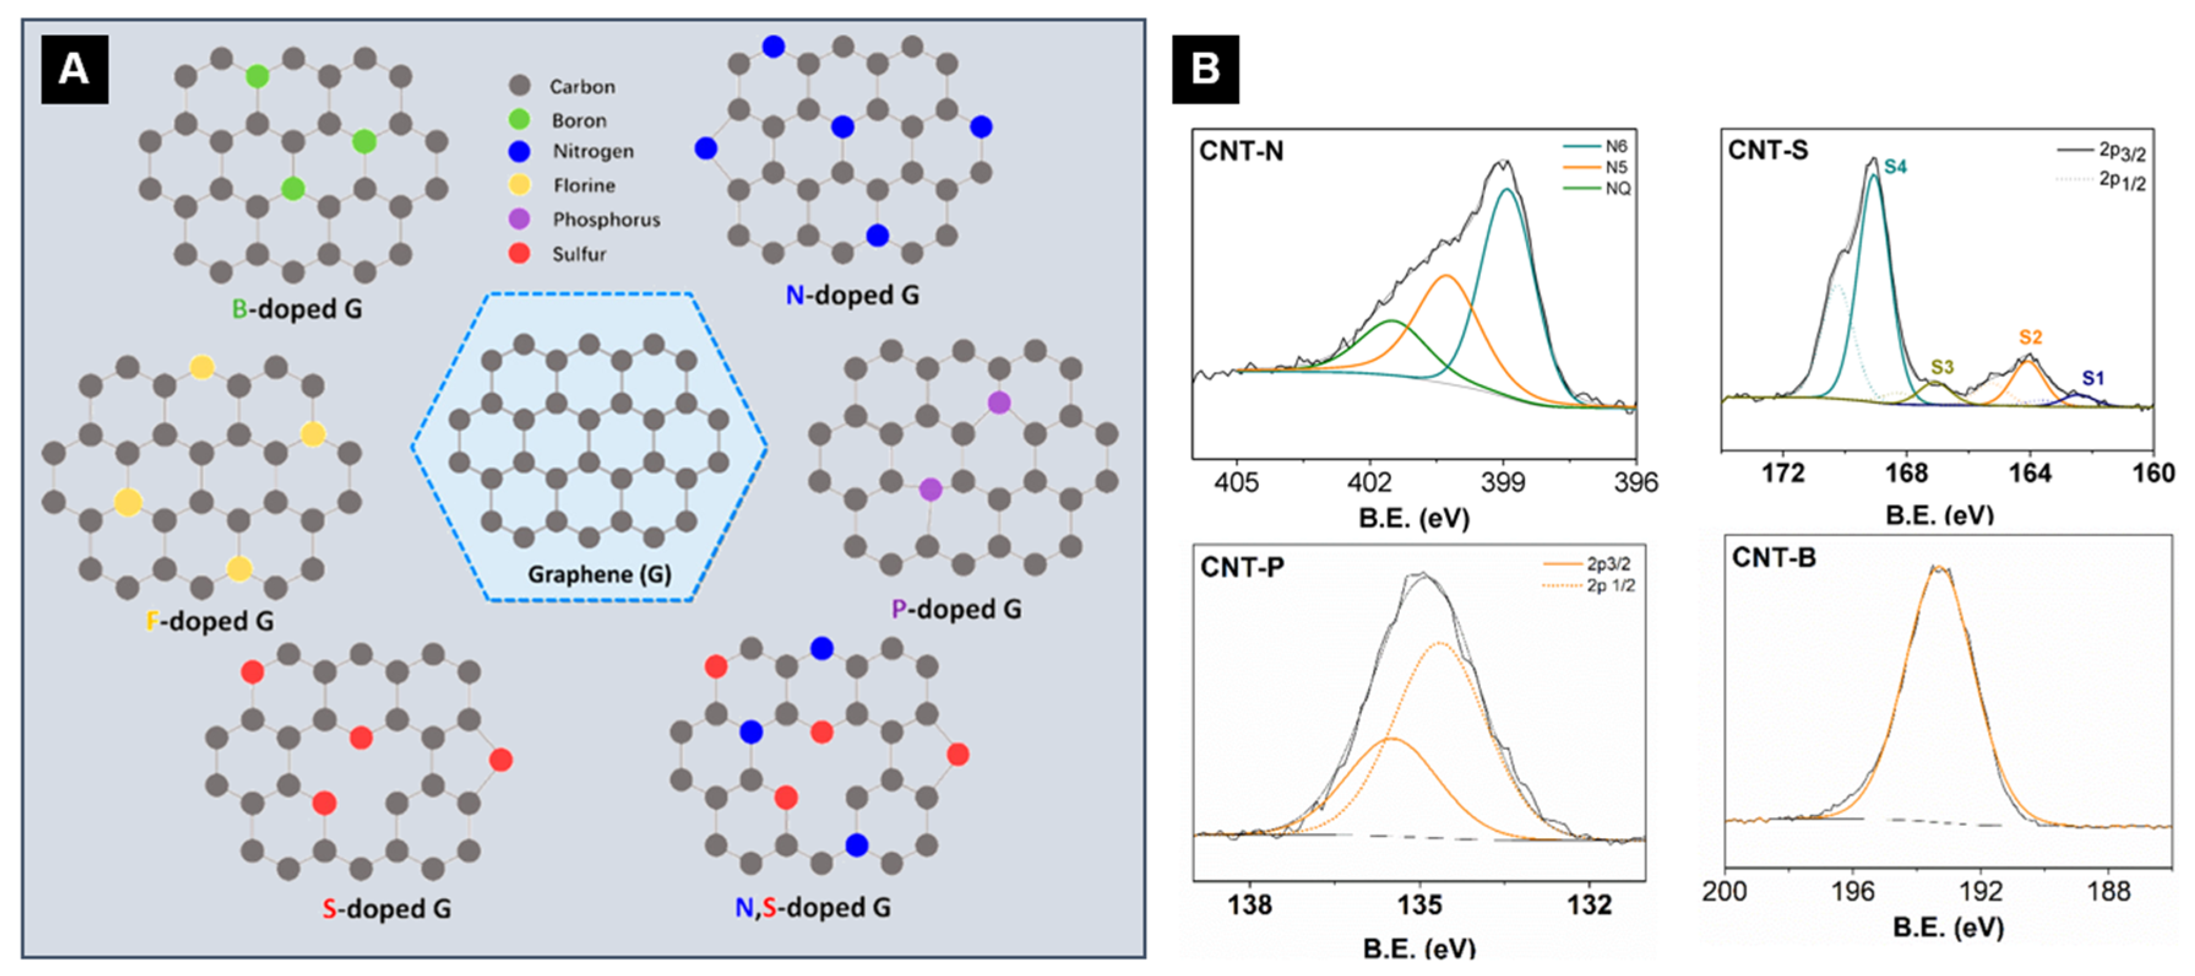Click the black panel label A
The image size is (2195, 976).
(x=74, y=69)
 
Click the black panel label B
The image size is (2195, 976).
(x=1205, y=69)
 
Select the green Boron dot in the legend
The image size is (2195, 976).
(x=519, y=120)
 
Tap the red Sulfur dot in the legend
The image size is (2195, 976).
(x=519, y=253)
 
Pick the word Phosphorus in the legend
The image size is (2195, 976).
(x=606, y=220)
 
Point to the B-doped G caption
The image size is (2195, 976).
(x=297, y=309)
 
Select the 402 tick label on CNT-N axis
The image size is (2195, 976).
(x=1369, y=482)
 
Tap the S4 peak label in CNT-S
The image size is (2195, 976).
(x=1894, y=166)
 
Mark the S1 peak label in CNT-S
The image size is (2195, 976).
(x=2093, y=377)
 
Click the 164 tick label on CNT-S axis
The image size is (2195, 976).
(x=2030, y=473)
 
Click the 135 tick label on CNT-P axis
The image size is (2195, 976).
(x=1419, y=904)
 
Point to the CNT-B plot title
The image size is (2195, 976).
(x=1774, y=558)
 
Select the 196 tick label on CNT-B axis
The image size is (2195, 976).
(x=1853, y=891)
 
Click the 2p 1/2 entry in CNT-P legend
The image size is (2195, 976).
(x=1609, y=586)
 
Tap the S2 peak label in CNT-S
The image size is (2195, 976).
(x=2031, y=337)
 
